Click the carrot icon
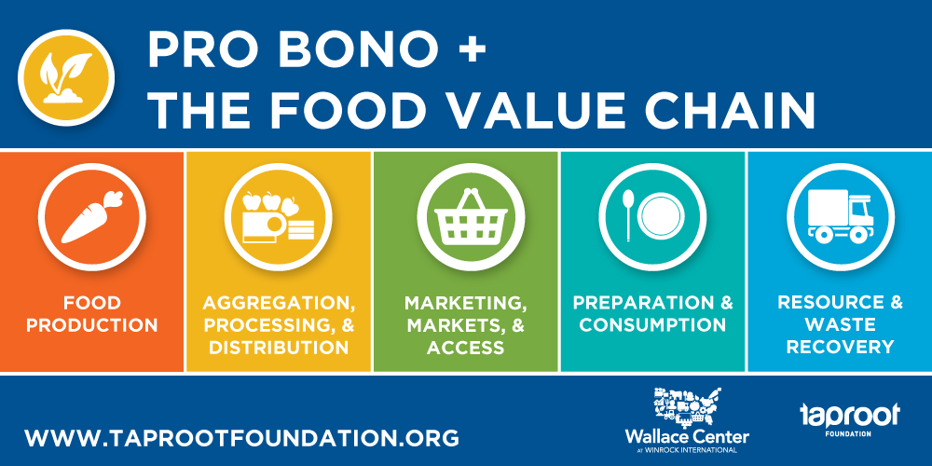coord(92,216)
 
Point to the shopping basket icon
coord(471,216)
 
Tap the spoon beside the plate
coord(628,214)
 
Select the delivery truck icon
coord(840,216)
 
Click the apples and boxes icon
coord(278,217)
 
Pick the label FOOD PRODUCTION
coord(92,314)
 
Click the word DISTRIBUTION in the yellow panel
coord(279,347)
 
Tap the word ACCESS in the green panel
coord(465,347)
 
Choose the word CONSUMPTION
coord(652,325)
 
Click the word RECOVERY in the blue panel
coord(840,347)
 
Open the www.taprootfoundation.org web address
coord(242,438)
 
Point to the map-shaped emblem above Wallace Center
coord(688,407)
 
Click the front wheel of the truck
coord(857,234)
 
